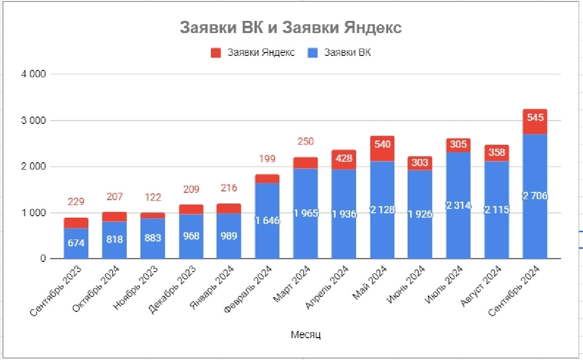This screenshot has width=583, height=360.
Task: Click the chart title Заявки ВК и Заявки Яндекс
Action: tap(291, 28)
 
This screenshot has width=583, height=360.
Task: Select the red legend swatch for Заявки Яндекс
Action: tap(216, 53)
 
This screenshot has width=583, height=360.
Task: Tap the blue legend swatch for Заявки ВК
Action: tap(313, 53)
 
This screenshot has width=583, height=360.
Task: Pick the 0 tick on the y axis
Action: tap(43, 259)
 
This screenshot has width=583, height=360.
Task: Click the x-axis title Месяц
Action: tap(306, 334)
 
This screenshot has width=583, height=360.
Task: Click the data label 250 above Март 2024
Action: tap(306, 142)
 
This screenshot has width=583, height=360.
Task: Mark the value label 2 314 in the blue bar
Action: tap(458, 206)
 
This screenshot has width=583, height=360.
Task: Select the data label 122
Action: tap(152, 197)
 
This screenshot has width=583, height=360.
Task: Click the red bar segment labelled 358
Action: tap(497, 153)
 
